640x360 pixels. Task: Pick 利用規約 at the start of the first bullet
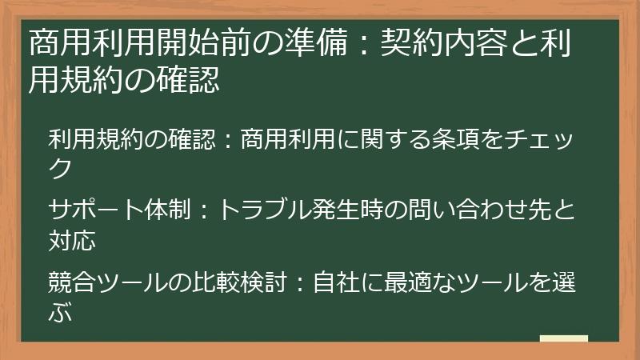(x=93, y=138)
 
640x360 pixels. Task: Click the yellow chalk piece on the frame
(x=563, y=339)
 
